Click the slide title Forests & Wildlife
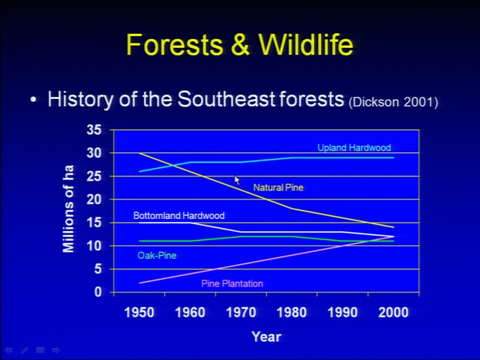pyautogui.click(x=240, y=45)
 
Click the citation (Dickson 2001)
pyautogui.click(x=393, y=102)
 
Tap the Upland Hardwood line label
pyautogui.click(x=354, y=148)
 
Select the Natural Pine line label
pyautogui.click(x=278, y=187)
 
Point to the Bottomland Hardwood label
pyautogui.click(x=179, y=215)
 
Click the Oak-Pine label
pyautogui.click(x=157, y=255)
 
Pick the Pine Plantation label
pyautogui.click(x=232, y=283)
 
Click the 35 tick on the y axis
pyautogui.click(x=94, y=130)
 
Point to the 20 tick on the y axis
pyautogui.click(x=94, y=199)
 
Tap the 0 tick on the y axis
pyautogui.click(x=97, y=292)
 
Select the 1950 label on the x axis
pyautogui.click(x=139, y=313)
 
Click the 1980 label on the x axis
pyautogui.click(x=292, y=313)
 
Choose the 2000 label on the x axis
pyautogui.click(x=393, y=313)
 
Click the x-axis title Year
pyautogui.click(x=266, y=337)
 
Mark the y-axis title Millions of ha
pyautogui.click(x=68, y=208)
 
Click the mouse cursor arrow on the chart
pyautogui.click(x=237, y=180)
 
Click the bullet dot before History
pyautogui.click(x=33, y=100)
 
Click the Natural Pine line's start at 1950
pyautogui.click(x=139, y=153)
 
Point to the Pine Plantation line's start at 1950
pyautogui.click(x=139, y=283)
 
